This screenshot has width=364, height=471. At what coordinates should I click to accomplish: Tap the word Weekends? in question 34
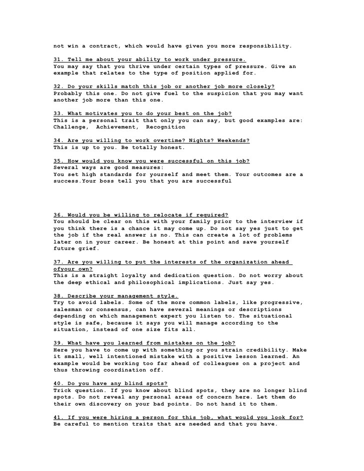pos(233,140)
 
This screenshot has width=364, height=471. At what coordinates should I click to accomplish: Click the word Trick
pos(63,390)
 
